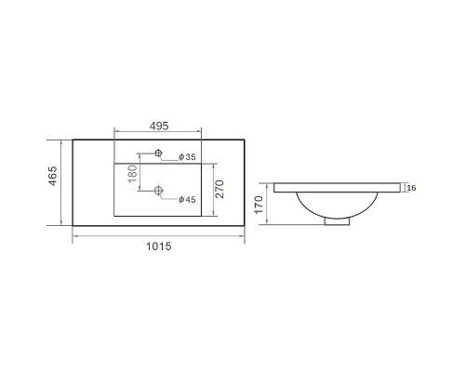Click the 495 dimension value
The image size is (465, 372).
159,126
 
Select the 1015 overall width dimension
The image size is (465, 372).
158,246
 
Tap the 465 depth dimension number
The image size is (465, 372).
53,176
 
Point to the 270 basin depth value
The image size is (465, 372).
219,189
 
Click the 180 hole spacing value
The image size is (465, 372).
132,174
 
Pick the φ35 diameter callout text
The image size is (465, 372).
187,157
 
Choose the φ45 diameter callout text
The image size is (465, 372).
187,200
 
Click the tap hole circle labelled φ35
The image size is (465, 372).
158,153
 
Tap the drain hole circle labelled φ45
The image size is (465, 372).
158,190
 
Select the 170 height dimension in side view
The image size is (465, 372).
259,205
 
